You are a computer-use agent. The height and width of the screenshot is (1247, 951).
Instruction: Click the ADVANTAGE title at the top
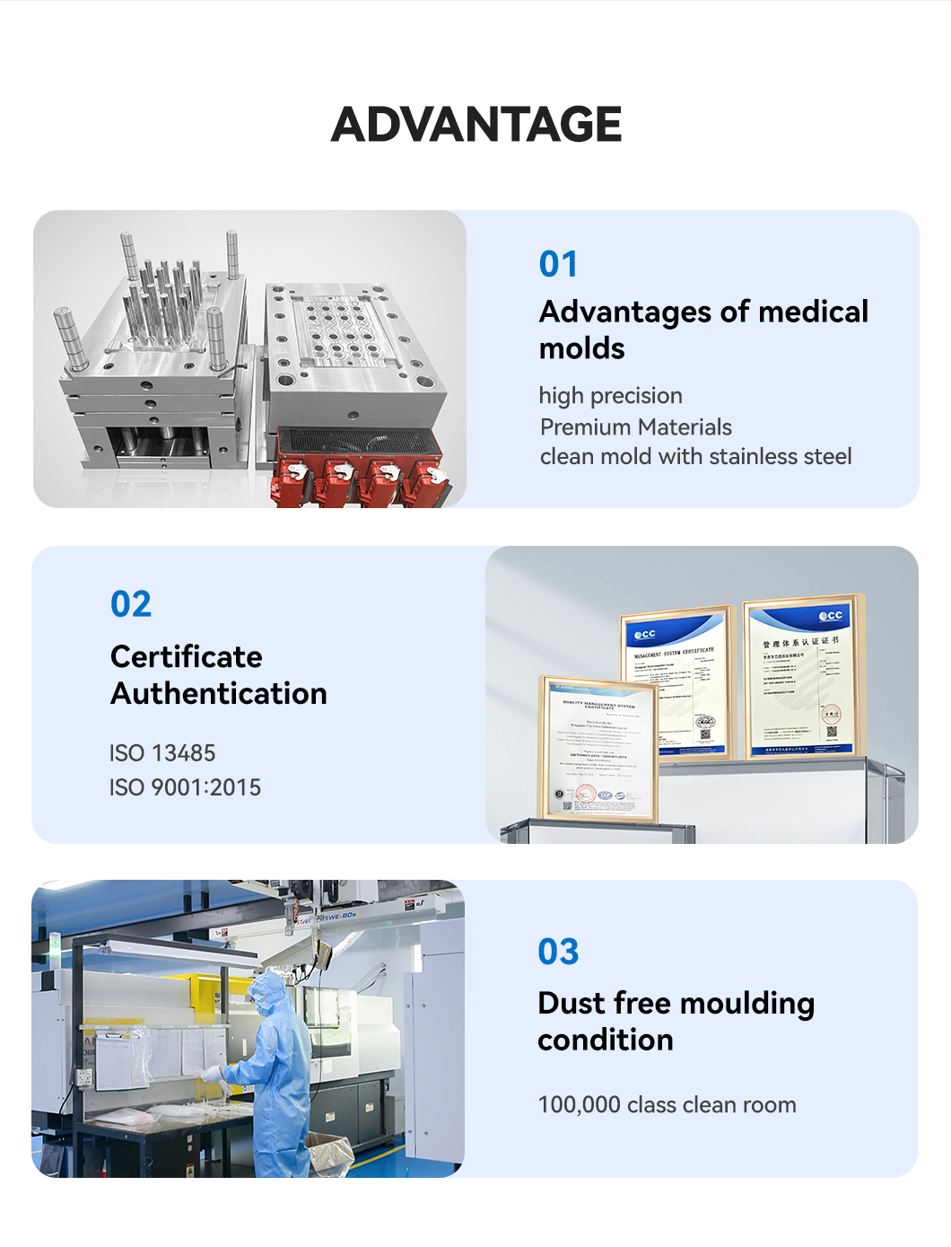tap(476, 124)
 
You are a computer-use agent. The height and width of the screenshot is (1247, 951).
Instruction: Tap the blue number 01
tap(558, 264)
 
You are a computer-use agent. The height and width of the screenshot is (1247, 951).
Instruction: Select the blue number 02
tap(131, 604)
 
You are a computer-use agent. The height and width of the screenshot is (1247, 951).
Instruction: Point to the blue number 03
tap(558, 952)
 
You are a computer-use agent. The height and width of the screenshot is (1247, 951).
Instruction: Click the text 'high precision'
tap(610, 396)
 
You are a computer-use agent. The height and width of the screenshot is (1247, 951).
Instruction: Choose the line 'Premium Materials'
tap(635, 427)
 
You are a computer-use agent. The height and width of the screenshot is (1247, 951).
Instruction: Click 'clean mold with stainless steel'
tap(695, 457)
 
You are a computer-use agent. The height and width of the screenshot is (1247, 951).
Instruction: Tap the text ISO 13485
tap(162, 753)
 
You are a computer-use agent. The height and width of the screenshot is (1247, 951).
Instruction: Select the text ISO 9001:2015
tap(185, 787)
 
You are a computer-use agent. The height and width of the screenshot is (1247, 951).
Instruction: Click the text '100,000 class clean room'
tap(667, 1105)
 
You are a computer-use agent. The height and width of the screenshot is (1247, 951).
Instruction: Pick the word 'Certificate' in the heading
tap(186, 657)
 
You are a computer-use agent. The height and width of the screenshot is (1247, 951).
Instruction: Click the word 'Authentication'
tap(219, 694)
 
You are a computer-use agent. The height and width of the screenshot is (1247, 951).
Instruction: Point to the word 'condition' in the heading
tap(606, 1041)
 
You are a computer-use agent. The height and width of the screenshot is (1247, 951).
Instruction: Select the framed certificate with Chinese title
tap(802, 678)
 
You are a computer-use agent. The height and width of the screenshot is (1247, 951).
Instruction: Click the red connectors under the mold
tap(363, 476)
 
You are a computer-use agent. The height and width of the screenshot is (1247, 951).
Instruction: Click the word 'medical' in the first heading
tap(813, 312)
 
